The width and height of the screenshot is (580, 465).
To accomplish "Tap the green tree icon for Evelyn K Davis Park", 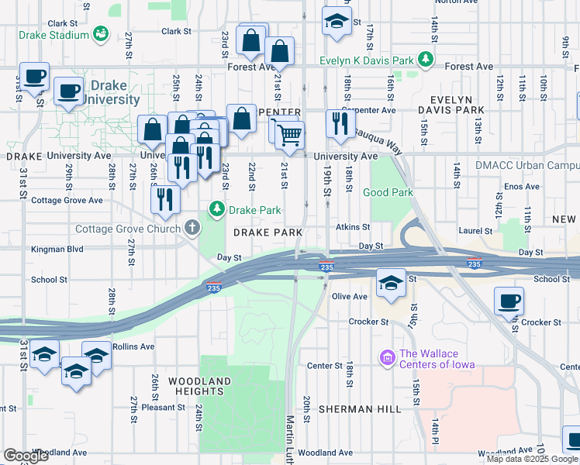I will [x=425, y=59].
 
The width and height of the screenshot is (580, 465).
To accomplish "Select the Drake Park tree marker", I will [x=217, y=209].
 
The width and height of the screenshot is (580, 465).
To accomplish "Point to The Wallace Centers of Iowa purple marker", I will [x=387, y=358].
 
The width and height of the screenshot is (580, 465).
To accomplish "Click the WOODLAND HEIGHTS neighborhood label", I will [x=200, y=386].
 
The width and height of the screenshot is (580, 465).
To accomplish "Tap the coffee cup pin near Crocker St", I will [x=509, y=301].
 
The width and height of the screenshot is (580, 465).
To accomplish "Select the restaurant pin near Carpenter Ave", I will [x=340, y=122].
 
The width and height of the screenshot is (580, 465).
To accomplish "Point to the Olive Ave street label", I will [x=349, y=296].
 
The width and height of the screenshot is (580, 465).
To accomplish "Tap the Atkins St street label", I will [x=353, y=227].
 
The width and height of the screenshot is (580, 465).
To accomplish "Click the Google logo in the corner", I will [x=26, y=456].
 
